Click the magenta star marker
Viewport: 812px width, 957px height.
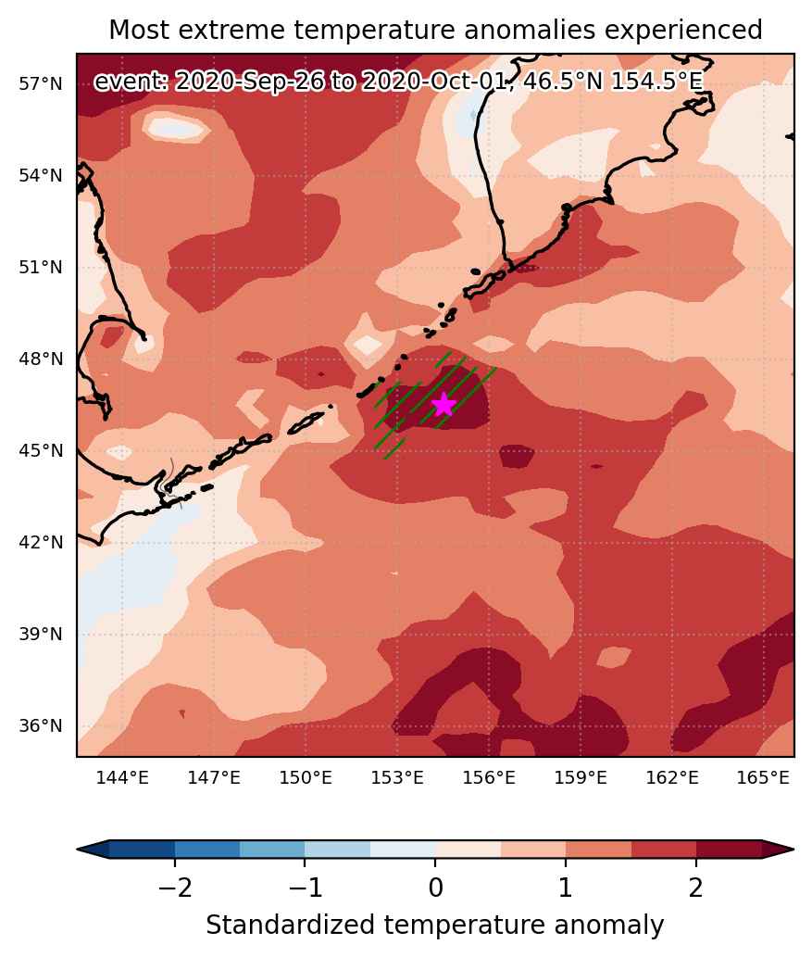tap(443, 404)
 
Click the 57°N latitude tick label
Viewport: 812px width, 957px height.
tap(41, 84)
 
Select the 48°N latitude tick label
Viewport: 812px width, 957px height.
tap(41, 359)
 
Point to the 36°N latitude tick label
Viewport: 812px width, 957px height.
tap(41, 725)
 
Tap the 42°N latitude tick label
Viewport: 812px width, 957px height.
tap(41, 542)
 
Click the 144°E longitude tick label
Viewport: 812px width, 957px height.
tap(122, 777)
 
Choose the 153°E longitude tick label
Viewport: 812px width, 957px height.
tap(397, 777)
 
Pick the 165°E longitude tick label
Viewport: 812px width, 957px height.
tap(763, 777)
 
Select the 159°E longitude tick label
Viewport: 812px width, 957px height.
tap(581, 777)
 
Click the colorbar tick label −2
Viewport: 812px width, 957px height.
tap(175, 888)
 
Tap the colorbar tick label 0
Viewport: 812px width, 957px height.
tap(435, 888)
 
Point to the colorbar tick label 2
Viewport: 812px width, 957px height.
tap(696, 888)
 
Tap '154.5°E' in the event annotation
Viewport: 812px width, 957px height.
tap(656, 82)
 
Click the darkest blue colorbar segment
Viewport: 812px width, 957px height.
tap(143, 849)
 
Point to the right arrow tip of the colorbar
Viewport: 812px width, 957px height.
tap(793, 849)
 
